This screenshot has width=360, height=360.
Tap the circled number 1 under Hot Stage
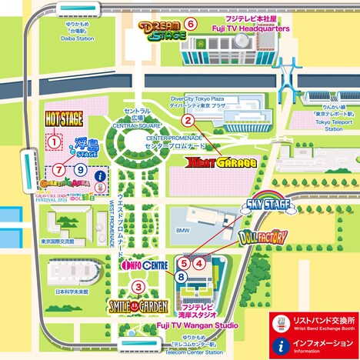(54, 141)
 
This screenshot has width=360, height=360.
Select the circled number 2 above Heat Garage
(186, 120)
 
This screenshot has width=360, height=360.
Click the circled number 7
(59, 168)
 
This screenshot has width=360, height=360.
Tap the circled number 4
(199, 262)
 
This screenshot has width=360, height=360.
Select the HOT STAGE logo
(65, 119)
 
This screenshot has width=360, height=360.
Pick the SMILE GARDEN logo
(138, 305)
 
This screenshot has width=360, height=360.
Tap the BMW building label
(182, 230)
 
